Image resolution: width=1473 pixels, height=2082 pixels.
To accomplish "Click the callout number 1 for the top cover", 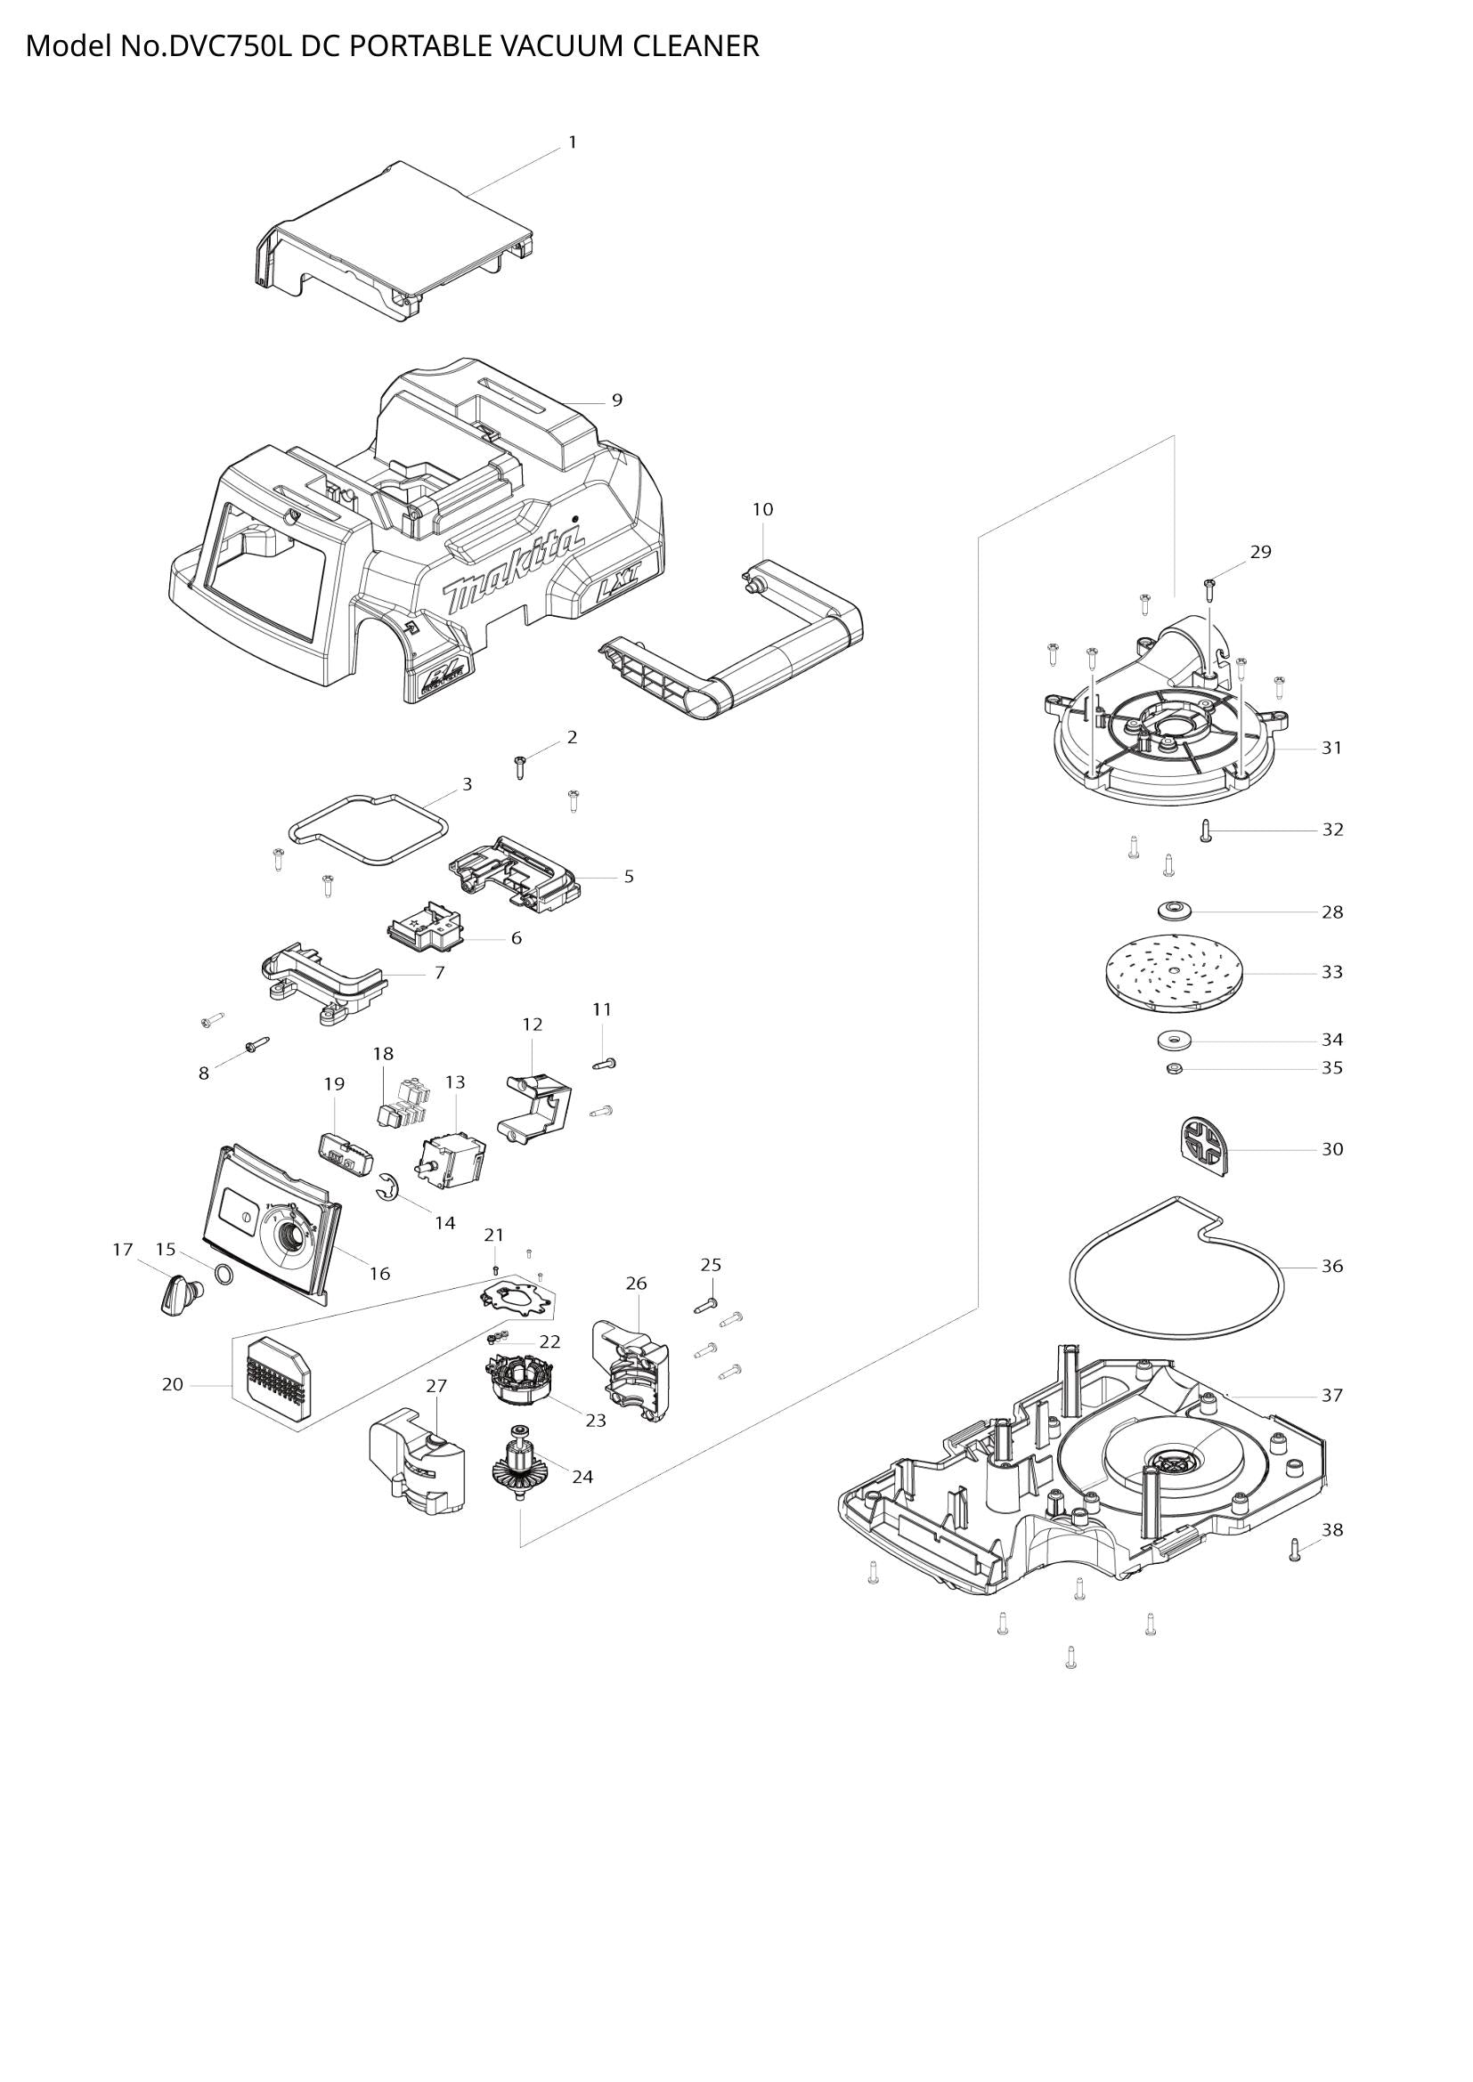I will pos(573,142).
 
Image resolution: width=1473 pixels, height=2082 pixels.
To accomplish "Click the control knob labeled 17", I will pos(177,1292).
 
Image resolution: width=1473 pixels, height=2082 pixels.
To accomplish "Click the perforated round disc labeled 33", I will pos(1174,971).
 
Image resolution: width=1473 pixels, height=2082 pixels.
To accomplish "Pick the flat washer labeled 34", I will pos(1174,1037).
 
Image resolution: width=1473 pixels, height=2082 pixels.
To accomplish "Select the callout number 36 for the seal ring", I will pos(1331,1266).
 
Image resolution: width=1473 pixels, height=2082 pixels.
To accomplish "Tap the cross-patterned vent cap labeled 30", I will pos(1205,1146).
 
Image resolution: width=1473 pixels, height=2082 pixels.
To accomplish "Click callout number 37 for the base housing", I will pos(1331,1396).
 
